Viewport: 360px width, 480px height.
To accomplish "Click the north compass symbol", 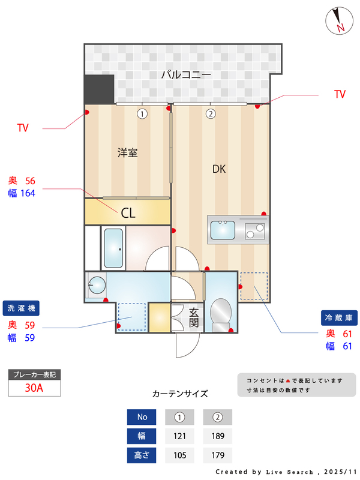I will click(x=339, y=21).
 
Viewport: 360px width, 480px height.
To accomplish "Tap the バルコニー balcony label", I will click(x=186, y=76).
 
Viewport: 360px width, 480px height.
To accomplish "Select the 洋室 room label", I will click(x=127, y=152).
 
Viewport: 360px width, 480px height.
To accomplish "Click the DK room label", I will click(x=219, y=169).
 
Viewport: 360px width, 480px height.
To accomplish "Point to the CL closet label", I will click(x=128, y=212).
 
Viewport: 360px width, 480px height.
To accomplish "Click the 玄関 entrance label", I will click(x=194, y=317).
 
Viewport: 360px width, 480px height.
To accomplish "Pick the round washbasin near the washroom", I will click(x=95, y=284).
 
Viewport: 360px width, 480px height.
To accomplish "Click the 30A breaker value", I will click(x=34, y=388).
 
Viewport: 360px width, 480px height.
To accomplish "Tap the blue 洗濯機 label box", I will click(x=21, y=307).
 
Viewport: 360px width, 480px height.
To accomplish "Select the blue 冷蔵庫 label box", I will click(x=340, y=317).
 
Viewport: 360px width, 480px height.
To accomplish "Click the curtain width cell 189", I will click(x=217, y=436).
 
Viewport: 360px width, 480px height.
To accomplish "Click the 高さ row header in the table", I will click(x=142, y=455).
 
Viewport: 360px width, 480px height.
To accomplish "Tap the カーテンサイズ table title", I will click(x=180, y=394).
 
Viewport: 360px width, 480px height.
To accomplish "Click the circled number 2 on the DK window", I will click(x=211, y=113).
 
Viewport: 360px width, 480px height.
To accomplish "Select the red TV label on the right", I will click(x=340, y=94).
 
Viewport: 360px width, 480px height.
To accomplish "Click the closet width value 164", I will click(x=28, y=193).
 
